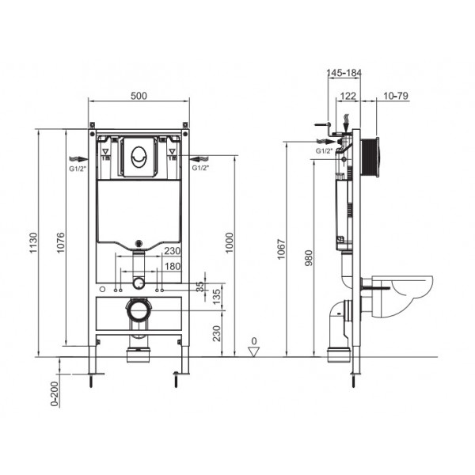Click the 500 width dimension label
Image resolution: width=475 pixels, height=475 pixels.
pyautogui.click(x=139, y=96)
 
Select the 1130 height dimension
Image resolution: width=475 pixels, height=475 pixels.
pyautogui.click(x=33, y=243)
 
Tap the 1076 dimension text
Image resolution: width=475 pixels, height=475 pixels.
pyautogui.click(x=61, y=243)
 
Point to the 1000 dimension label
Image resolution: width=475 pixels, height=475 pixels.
pyautogui.click(x=230, y=243)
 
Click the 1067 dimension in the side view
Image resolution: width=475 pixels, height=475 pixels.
pyautogui.click(x=281, y=249)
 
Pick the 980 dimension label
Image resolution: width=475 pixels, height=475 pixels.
pyautogui.click(x=309, y=258)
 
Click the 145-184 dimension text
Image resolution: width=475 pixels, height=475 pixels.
pyautogui.click(x=344, y=73)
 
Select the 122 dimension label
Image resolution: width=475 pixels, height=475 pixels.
pyautogui.click(x=348, y=96)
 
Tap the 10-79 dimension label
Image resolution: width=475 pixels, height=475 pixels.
pyautogui.click(x=396, y=96)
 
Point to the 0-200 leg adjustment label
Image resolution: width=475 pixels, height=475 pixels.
pyautogui.click(x=54, y=393)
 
